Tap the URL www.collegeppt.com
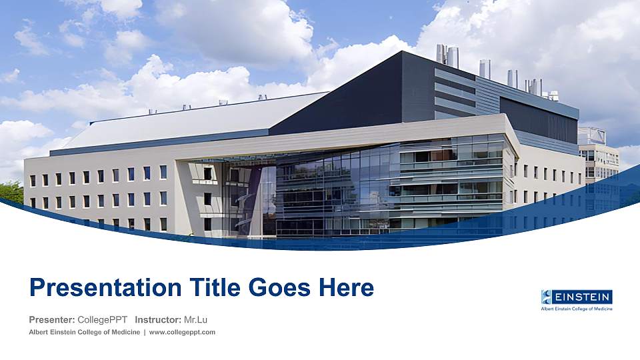coord(182,332)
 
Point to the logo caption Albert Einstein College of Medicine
coord(577,309)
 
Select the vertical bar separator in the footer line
coord(145,332)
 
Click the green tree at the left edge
coord(10,192)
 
